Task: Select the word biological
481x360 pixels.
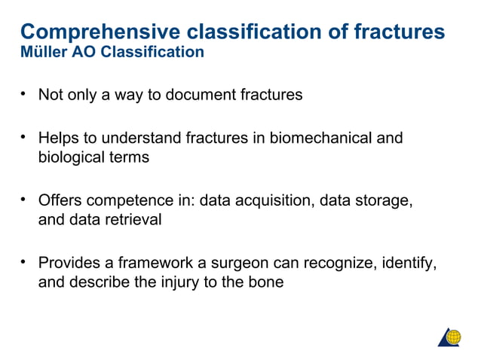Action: coord(74,157)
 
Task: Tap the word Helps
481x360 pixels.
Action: coord(59,138)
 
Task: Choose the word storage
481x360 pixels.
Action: coord(382,201)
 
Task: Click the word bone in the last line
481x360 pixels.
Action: coord(266,283)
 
